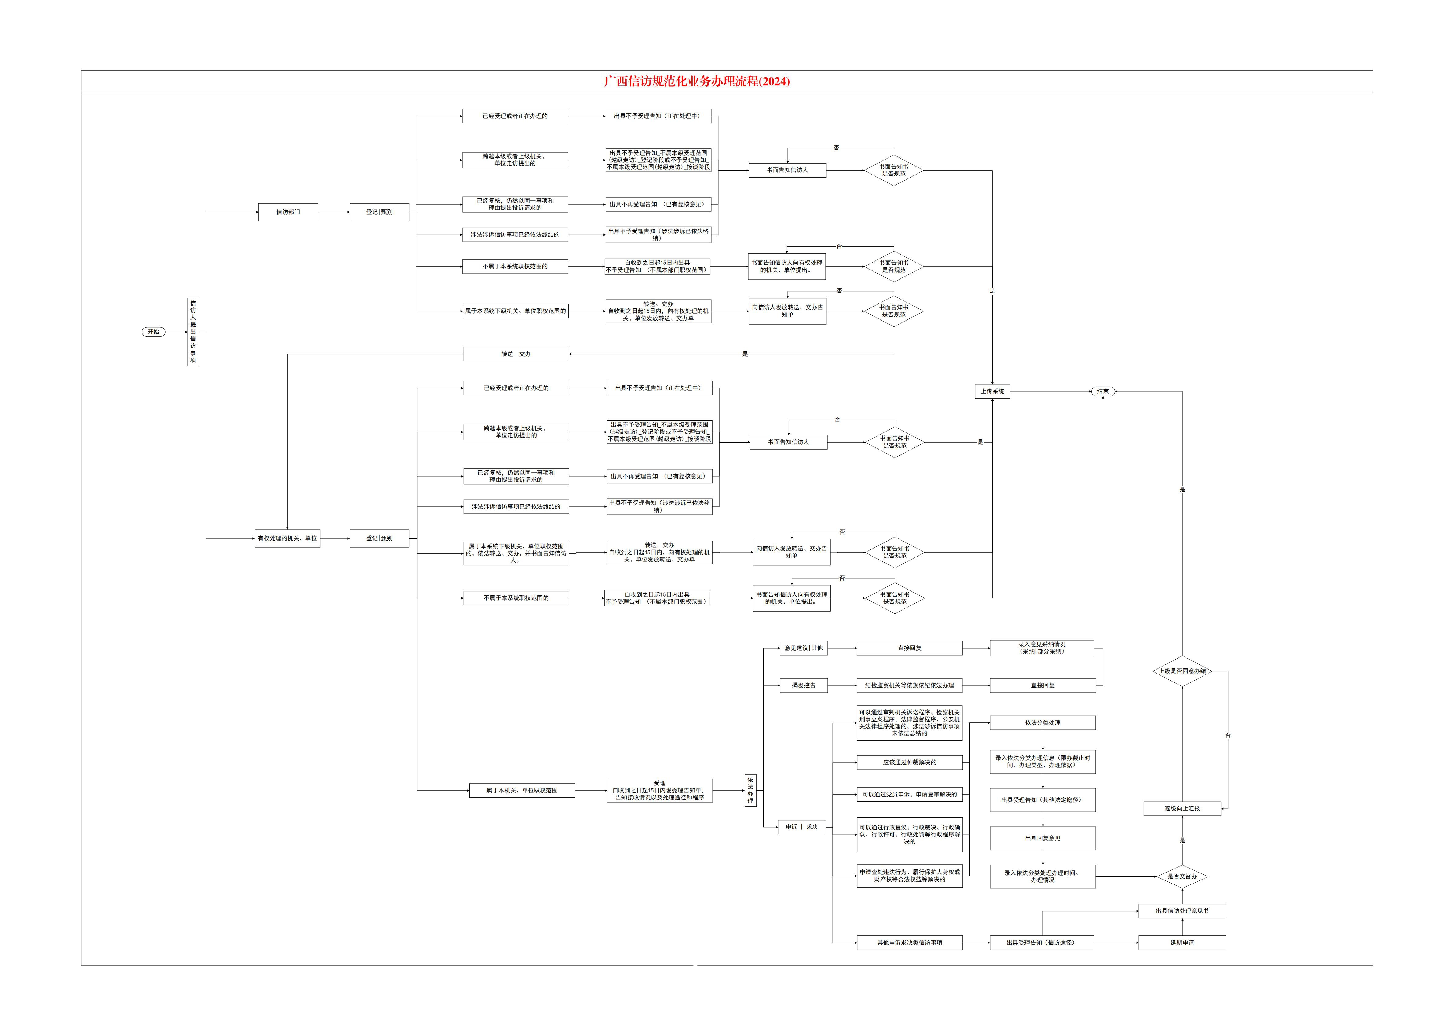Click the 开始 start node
tap(153, 332)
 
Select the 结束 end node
tap(1103, 391)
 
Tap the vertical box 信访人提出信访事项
tap(193, 332)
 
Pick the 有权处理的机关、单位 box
tap(287, 538)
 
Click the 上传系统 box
tap(992, 391)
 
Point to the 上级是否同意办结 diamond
tap(1182, 671)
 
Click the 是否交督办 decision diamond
tap(1182, 876)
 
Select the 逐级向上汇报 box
tap(1182, 808)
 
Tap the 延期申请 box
tap(1182, 943)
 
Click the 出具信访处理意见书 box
tap(1182, 911)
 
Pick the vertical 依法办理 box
tap(750, 791)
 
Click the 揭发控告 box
tap(804, 685)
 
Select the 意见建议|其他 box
tap(804, 648)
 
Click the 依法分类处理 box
tap(1043, 723)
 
